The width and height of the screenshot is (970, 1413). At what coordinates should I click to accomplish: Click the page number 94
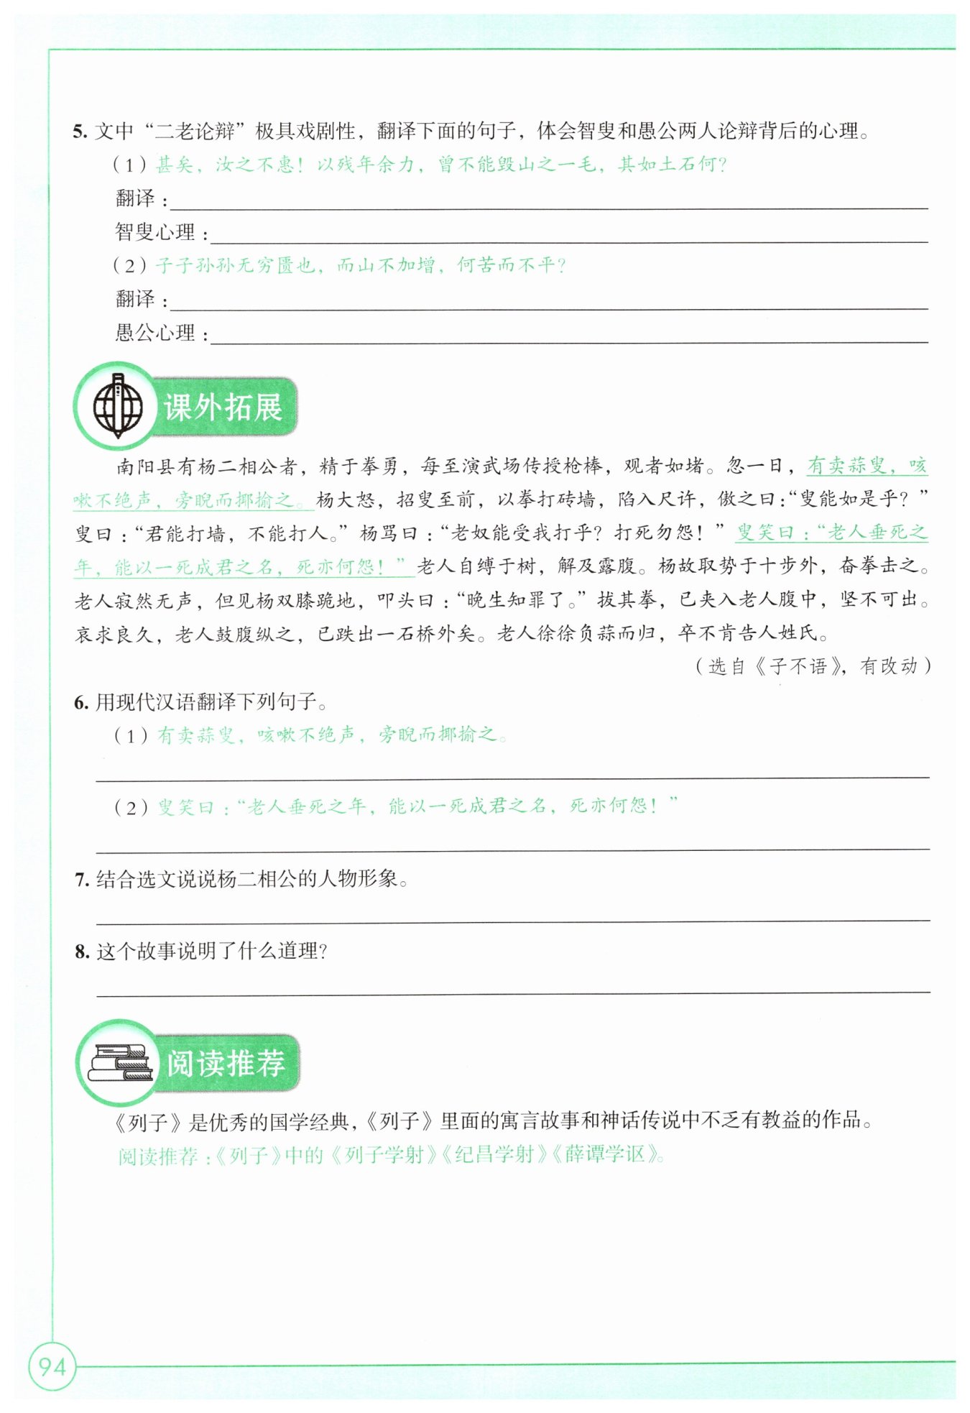click(x=52, y=1366)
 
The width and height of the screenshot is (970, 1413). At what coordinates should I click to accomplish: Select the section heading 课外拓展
click(x=223, y=407)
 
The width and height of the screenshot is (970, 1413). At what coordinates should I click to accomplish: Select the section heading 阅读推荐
click(x=226, y=1064)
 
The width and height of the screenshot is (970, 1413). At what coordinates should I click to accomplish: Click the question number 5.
click(x=80, y=132)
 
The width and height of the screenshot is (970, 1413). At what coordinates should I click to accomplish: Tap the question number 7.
click(x=81, y=879)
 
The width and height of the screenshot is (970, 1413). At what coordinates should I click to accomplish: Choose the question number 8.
click(x=81, y=952)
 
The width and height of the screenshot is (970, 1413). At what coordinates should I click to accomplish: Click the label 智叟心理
click(x=155, y=232)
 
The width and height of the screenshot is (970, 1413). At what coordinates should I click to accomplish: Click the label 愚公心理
click(x=155, y=333)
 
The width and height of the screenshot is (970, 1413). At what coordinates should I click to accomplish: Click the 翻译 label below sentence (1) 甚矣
click(x=135, y=198)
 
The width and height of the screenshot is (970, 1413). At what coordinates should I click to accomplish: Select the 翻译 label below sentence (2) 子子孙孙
click(x=135, y=299)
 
